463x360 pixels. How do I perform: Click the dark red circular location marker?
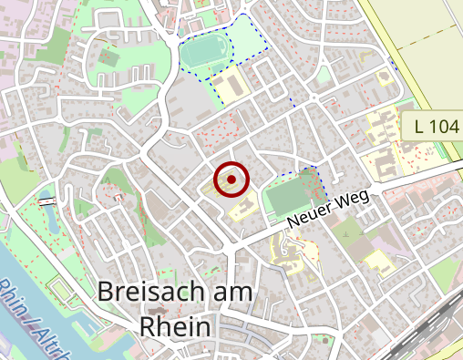pyautogui.click(x=231, y=180)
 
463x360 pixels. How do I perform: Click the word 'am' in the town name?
pyautogui.click(x=232, y=292)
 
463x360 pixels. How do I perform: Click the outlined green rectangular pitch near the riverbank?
pyautogui.click(x=61, y=291)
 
